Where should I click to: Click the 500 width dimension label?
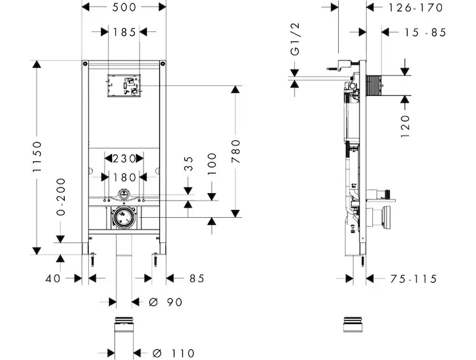point(124,7)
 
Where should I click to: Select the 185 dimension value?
point(123,32)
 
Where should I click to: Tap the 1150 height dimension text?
point(37,158)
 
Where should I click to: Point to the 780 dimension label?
point(236,151)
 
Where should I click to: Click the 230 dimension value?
point(123,159)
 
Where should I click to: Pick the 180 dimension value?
point(123,177)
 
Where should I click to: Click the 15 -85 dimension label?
point(424,33)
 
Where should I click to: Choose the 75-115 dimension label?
point(413,278)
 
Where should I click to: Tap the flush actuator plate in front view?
point(124,85)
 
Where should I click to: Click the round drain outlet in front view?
point(124,218)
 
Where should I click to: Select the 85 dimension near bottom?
point(197,278)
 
